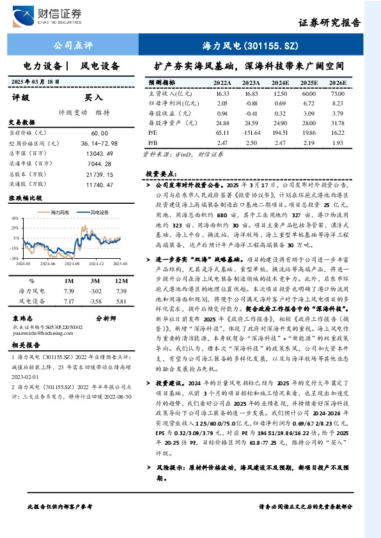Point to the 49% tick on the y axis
coord(13,218)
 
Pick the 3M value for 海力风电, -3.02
coord(96,291)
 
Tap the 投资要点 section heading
coord(160,173)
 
